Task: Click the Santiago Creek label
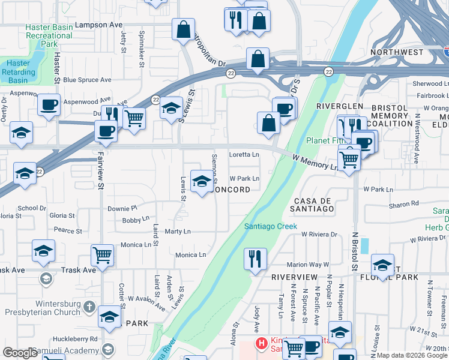click(x=270, y=226)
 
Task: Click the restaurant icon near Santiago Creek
click(x=255, y=259)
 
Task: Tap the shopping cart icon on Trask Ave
click(x=103, y=254)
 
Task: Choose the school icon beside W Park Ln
click(x=202, y=181)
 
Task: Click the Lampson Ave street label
click(x=103, y=25)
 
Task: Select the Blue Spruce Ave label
click(x=87, y=80)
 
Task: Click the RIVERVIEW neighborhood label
click(x=294, y=277)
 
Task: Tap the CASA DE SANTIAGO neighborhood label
click(x=313, y=204)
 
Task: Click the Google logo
click(x=20, y=353)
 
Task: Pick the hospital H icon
click(x=262, y=343)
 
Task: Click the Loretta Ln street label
click(x=244, y=155)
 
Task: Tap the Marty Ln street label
click(x=178, y=232)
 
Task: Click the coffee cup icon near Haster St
click(x=49, y=104)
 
